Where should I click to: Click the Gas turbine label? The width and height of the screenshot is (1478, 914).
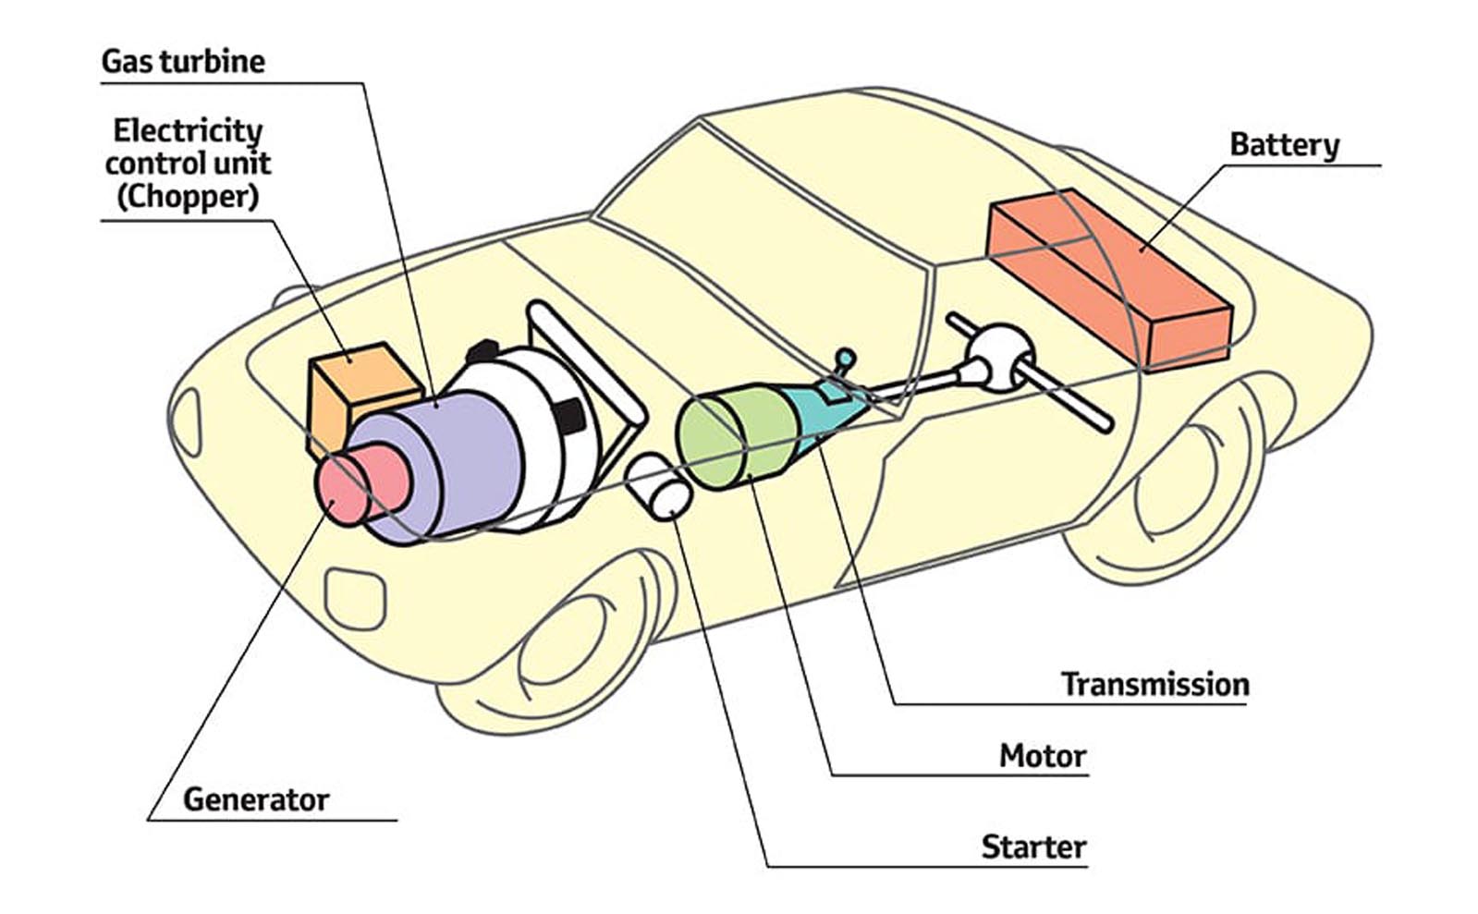[x=183, y=62]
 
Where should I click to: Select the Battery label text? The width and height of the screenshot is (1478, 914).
[x=1284, y=145]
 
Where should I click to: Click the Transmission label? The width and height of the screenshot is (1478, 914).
[x=1154, y=685]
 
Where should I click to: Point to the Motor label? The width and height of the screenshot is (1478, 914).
[x=1042, y=757]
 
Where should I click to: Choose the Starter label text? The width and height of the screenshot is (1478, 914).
[x=1033, y=847]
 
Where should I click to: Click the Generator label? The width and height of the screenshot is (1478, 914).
[x=256, y=800]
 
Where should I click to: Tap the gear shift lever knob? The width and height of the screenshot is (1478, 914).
[x=844, y=357]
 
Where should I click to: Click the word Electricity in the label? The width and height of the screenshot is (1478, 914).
[x=188, y=130]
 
